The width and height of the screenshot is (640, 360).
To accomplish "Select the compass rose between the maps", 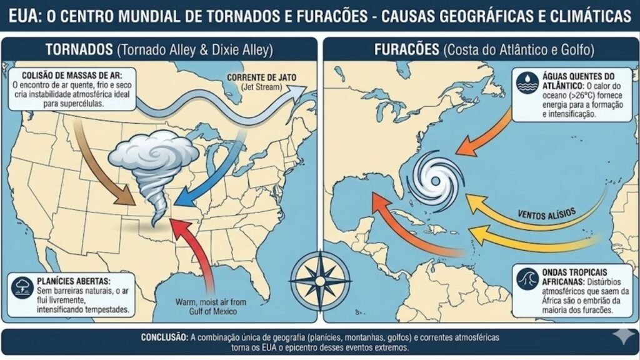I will click(320, 275).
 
